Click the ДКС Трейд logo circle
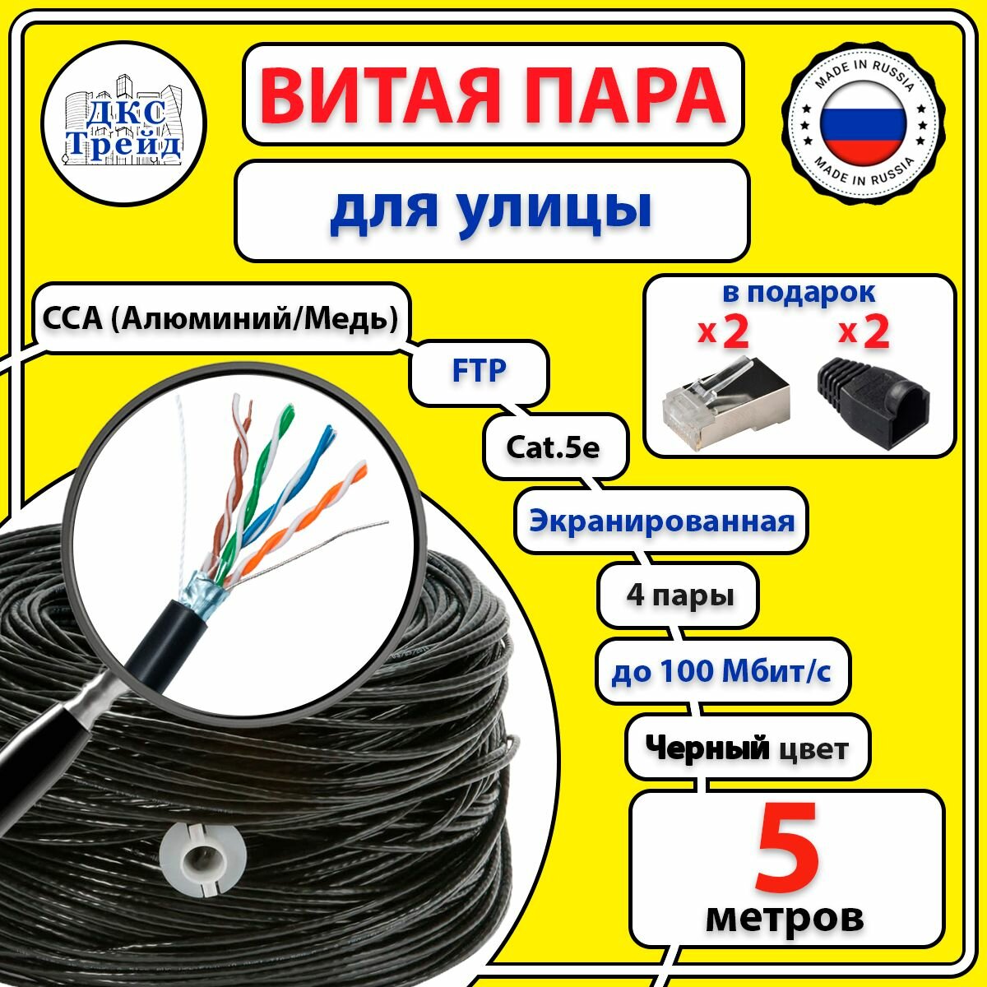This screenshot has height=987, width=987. pos(124,123)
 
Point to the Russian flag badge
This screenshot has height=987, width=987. pos(864,124)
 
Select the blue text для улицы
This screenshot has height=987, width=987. pos(491,209)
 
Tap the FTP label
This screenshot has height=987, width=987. pos(480,371)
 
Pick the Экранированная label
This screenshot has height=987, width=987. pos(661,521)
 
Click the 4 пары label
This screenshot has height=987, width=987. pos(679,595)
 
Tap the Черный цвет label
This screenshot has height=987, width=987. pos(746,748)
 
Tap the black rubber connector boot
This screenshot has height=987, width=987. pos(873,403)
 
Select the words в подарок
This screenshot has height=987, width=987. pos(799,292)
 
